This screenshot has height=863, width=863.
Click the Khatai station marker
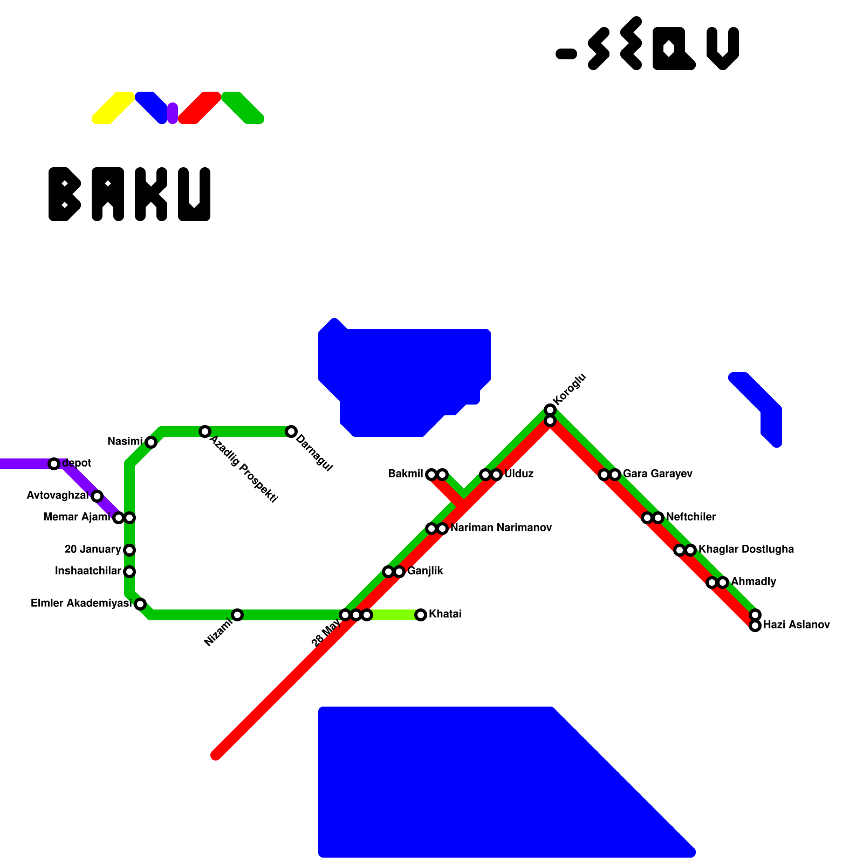421,615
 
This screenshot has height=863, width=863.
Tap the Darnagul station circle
291,432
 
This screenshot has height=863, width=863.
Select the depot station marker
54,464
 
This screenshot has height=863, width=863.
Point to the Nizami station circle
237,615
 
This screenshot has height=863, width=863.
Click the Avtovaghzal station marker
97,496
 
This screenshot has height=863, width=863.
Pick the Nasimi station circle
151,442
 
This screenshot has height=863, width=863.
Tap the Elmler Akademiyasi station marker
140,604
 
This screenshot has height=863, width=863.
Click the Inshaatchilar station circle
129,572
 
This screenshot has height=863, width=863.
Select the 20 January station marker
129,550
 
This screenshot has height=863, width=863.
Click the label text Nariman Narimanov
501,528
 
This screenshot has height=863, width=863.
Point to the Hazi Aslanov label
796,625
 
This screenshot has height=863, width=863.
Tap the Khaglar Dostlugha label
746,550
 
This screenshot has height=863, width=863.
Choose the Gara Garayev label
657,474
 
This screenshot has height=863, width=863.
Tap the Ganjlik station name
425,571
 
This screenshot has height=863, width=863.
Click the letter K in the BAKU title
151,194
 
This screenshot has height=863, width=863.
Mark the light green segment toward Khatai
394,615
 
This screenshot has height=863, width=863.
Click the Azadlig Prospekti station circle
205,432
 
